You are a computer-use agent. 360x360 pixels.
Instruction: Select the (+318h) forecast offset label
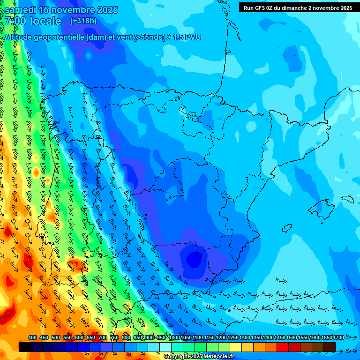[x=83, y=21]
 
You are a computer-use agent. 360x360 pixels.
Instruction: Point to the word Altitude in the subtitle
[x=19, y=37]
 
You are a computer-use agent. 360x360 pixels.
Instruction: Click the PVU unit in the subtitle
[x=193, y=37]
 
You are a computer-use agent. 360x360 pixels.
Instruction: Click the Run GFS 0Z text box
[x=298, y=7]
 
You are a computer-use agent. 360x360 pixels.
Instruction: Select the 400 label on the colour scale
[x=32, y=337]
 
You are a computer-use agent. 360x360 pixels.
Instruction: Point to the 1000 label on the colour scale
[x=174, y=337]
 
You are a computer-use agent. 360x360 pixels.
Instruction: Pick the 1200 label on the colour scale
[x=221, y=337]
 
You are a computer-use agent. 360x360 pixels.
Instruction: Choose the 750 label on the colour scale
[x=114, y=337]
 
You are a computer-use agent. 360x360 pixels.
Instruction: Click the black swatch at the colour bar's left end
[x=25, y=347]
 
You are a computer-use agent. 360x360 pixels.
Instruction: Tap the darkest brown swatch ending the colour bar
[x=330, y=347]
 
